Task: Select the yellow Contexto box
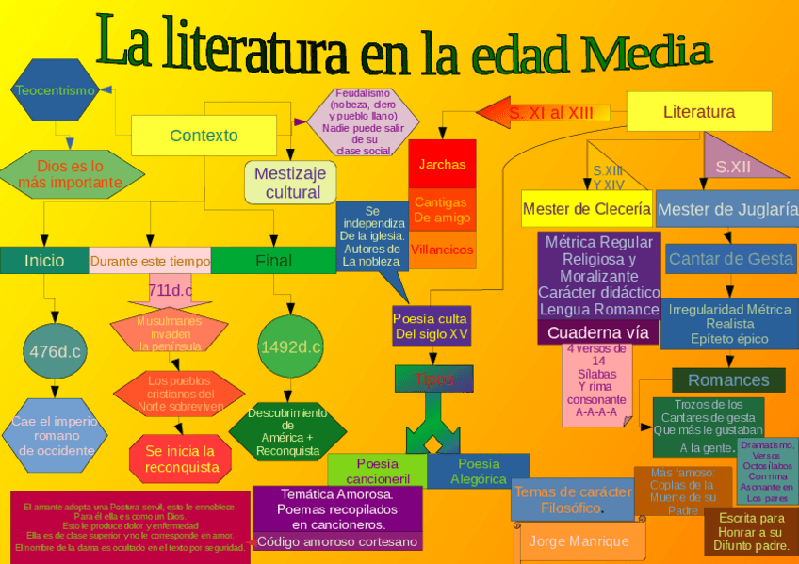pos(204,136)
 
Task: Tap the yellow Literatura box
pos(698,112)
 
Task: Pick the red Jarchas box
pos(442,164)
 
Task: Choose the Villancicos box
pos(442,250)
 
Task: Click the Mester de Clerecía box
pos(586,208)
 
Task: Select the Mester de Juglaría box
pos(726,209)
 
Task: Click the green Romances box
pos(727,380)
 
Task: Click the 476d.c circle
pos(55,352)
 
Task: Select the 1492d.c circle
pos(290,347)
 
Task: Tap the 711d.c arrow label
pos(171,290)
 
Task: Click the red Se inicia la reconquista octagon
pos(180,459)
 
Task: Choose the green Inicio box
pos(44,261)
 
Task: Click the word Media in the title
pos(643,52)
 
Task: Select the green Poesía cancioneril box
pos(377,471)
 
